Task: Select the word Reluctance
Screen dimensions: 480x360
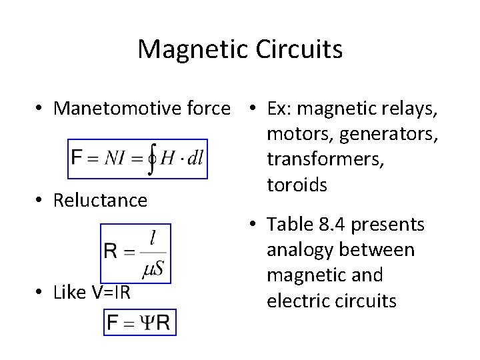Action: click(101, 200)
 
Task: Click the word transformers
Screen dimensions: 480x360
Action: click(325, 160)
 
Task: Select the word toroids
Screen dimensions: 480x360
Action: click(297, 184)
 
